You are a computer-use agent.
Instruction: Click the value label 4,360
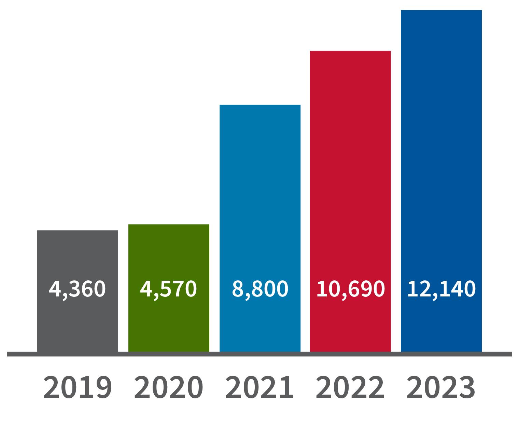[78, 289]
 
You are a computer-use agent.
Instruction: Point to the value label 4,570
[169, 289]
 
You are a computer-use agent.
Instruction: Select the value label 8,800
[260, 289]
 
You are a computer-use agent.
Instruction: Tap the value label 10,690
[350, 289]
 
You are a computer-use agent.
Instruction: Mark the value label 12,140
[441, 289]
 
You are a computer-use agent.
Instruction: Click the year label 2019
[78, 388]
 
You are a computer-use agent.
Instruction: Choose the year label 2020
[169, 388]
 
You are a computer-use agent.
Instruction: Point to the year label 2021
[259, 388]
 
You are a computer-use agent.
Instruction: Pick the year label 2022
[350, 388]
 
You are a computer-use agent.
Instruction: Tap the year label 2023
[441, 388]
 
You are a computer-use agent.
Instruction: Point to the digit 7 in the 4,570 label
[177, 289]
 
